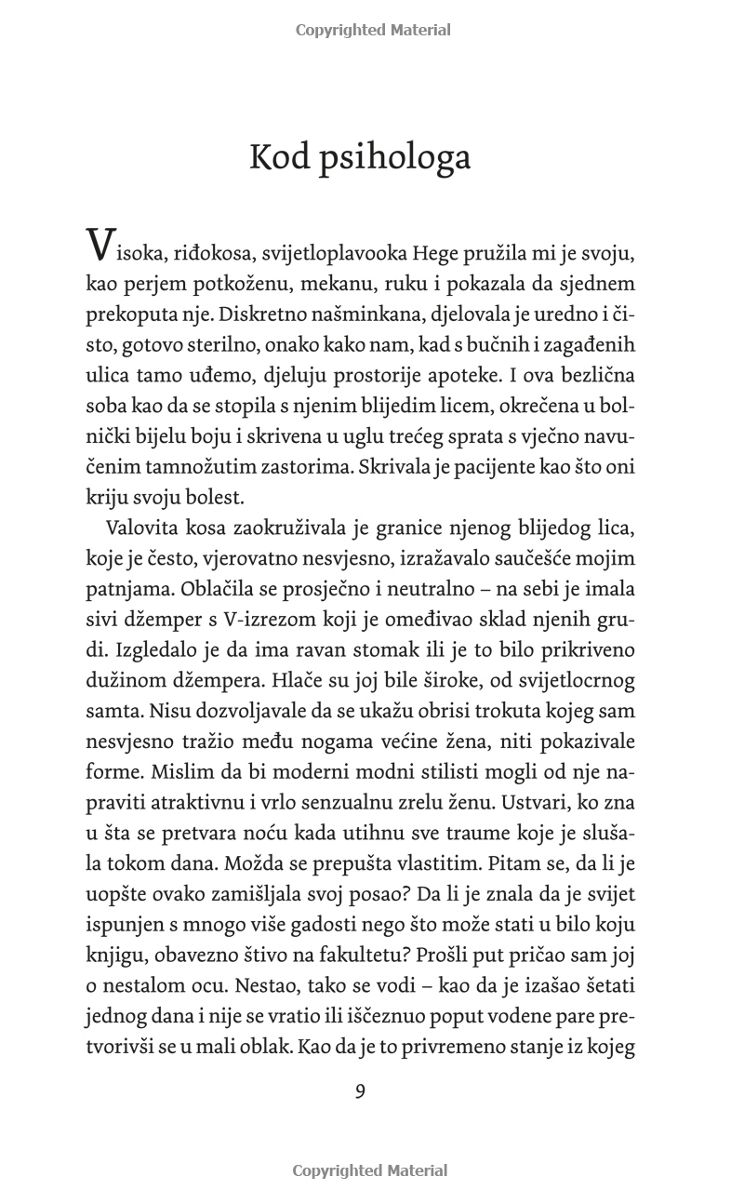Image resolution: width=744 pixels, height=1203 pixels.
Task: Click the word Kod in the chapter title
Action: [283, 157]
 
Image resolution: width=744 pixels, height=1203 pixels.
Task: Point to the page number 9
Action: [360, 1091]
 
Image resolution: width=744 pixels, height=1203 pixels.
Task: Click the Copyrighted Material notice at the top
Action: [373, 30]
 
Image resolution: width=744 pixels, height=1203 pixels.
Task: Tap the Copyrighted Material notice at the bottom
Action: [370, 1170]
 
